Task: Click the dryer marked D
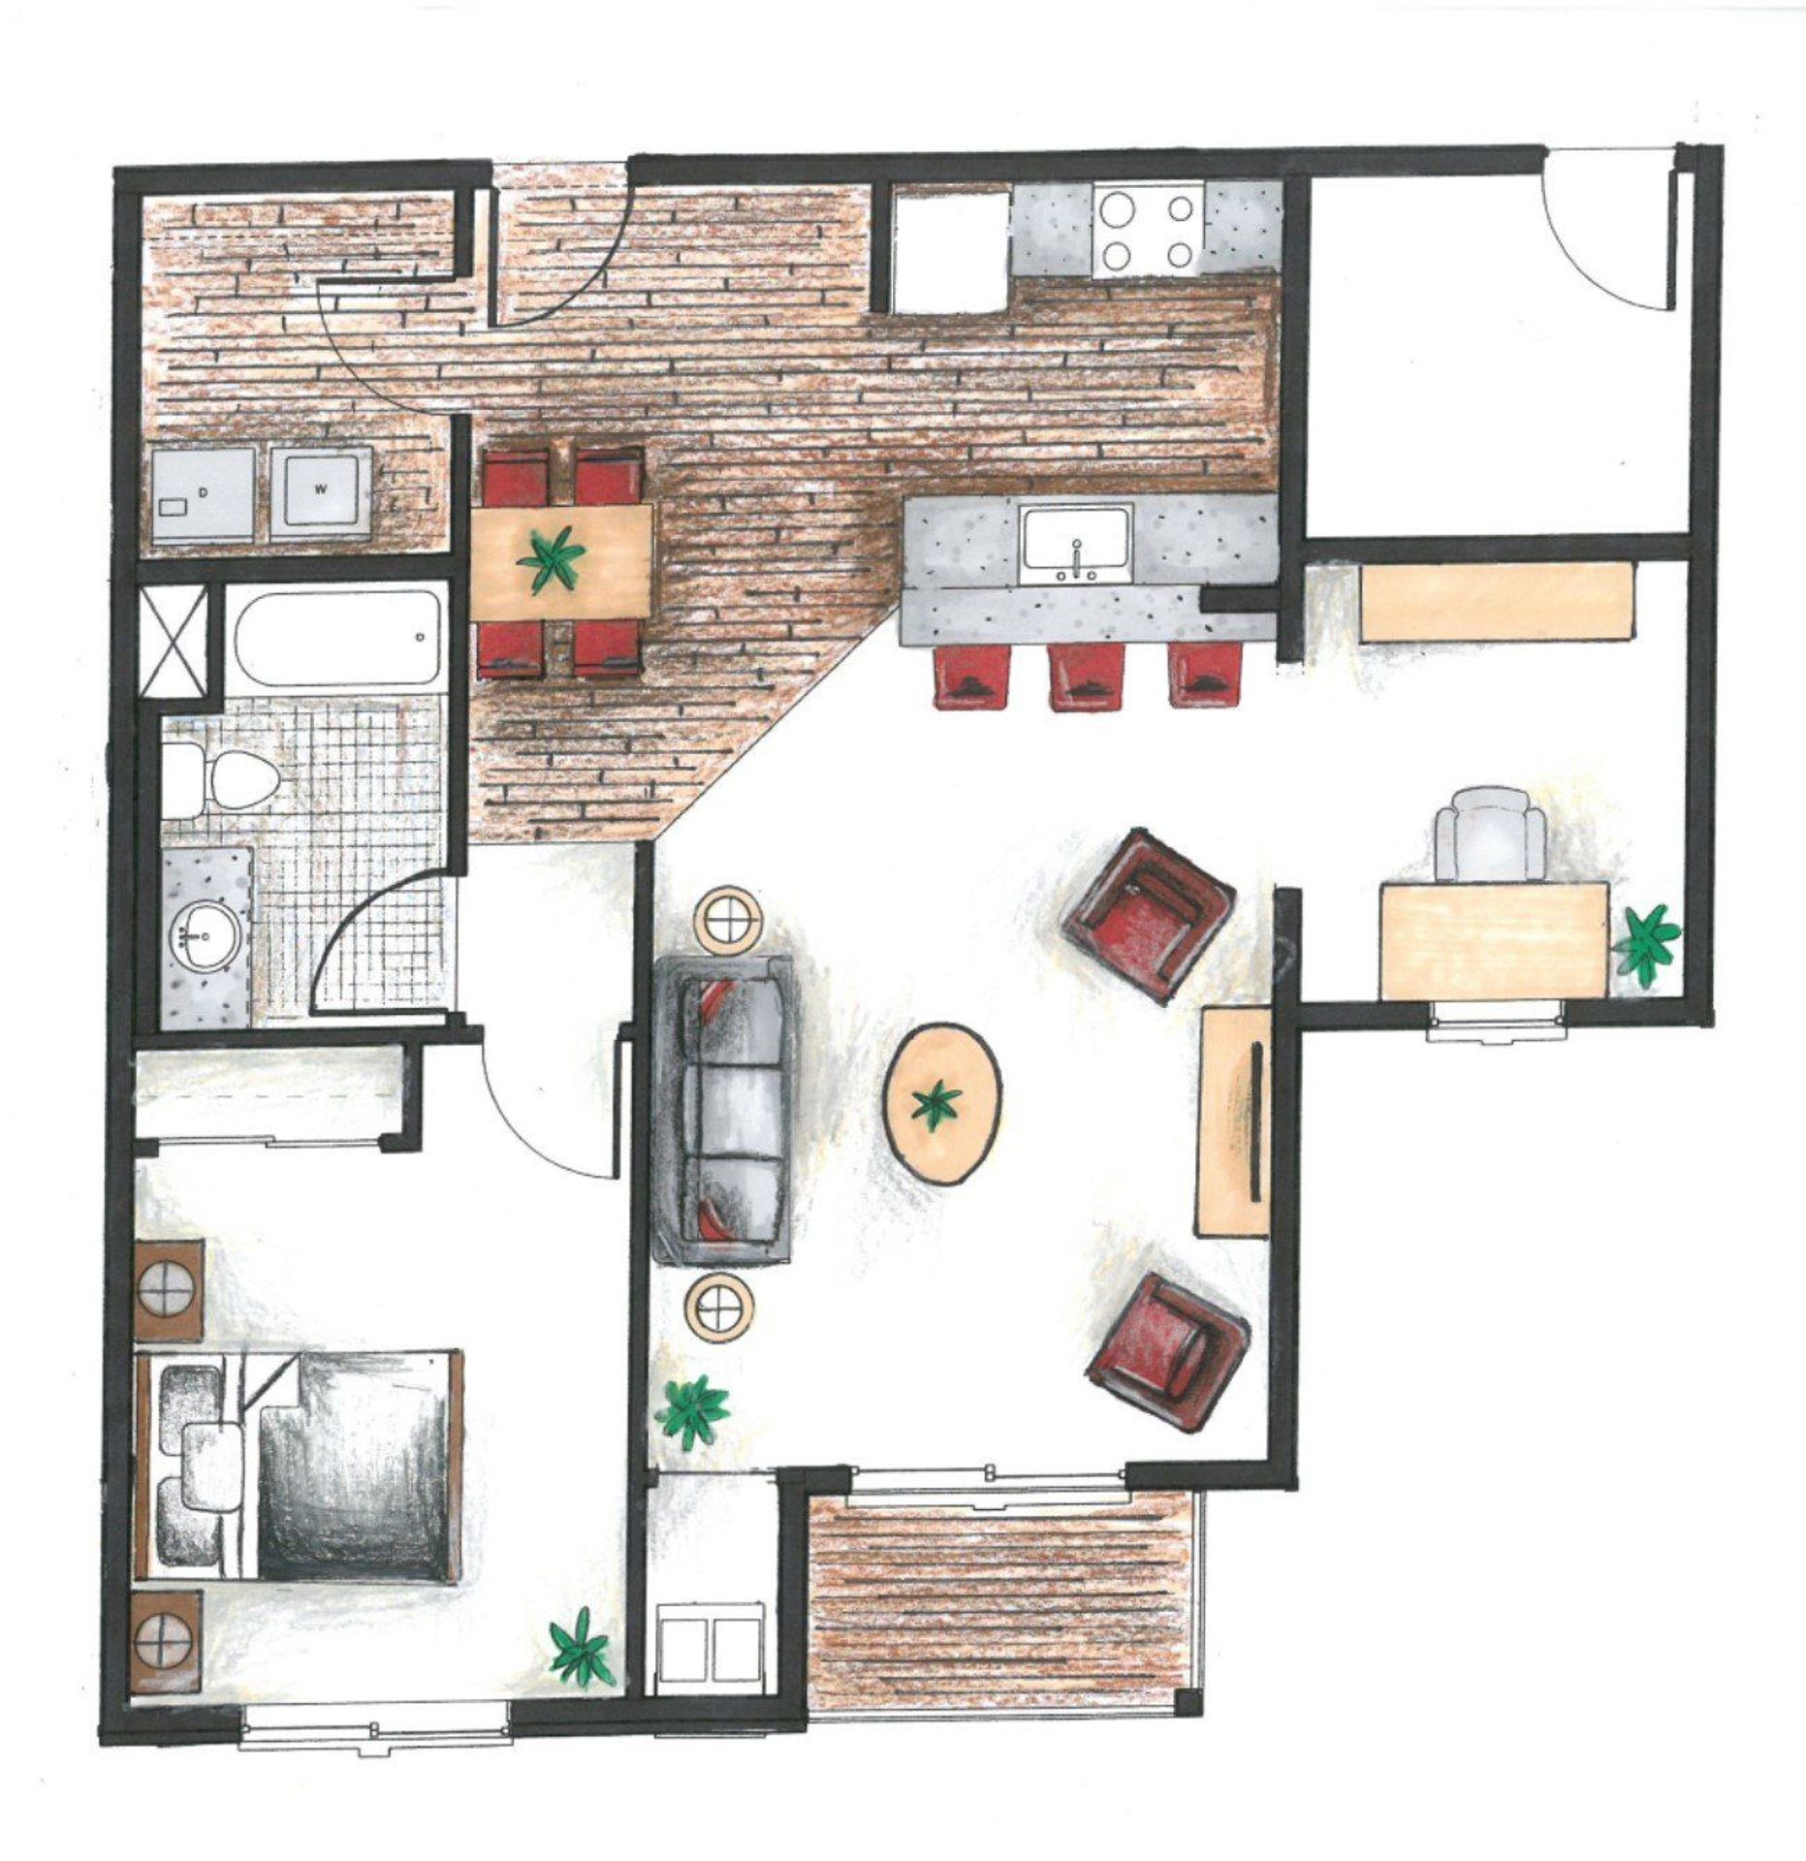[203, 491]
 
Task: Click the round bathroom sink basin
[203, 935]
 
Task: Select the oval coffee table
[943, 1103]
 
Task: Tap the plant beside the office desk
[1648, 940]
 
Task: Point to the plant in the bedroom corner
[583, 1648]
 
